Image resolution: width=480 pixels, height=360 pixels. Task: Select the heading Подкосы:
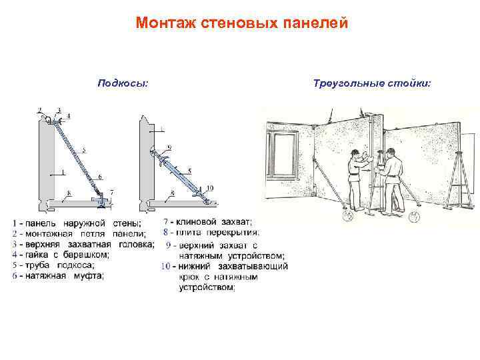tap(123, 83)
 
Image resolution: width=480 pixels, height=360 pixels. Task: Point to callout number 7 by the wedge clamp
tap(112, 192)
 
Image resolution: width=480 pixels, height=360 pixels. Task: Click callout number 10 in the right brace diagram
tap(210, 188)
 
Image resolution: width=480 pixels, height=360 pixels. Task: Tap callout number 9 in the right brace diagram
tap(169, 147)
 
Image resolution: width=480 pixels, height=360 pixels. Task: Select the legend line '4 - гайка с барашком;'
tap(61, 254)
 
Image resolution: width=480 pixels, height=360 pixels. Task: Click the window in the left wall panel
tap(283, 155)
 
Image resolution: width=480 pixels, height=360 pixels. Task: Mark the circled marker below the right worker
tap(413, 217)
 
